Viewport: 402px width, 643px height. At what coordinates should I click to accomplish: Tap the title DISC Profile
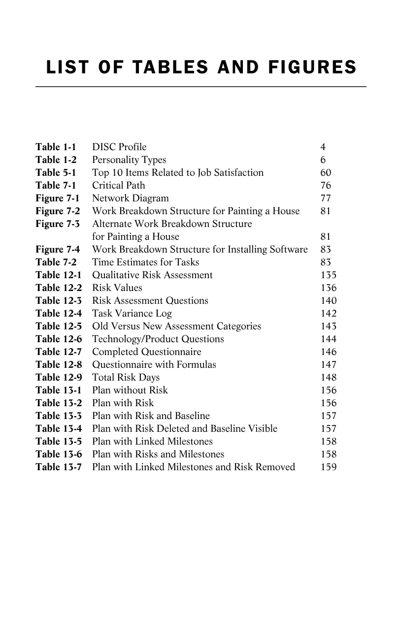point(119,147)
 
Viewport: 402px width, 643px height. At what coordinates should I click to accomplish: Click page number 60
point(326,173)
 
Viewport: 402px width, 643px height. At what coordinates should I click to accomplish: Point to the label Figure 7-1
point(58,198)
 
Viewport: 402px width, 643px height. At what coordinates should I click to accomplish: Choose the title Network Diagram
point(131,198)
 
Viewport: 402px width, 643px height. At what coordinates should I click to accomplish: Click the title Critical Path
point(119,186)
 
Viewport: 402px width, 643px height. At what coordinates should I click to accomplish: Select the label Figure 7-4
point(58,250)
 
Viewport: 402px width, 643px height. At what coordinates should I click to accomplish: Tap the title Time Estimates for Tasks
point(146,262)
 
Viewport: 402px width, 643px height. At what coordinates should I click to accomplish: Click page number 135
point(329,275)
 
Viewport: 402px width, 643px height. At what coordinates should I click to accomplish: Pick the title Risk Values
point(117,288)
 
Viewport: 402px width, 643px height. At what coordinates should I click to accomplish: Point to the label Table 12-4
point(59,314)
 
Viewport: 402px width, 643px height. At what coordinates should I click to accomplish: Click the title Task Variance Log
point(132,314)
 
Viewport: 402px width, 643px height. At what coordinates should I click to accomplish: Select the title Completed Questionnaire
point(147,352)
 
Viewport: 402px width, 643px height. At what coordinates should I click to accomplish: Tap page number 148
point(329,378)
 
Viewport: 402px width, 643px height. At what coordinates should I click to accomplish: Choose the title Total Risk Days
point(126,378)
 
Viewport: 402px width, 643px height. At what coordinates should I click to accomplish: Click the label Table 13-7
point(59,467)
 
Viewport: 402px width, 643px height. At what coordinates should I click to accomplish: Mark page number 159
point(329,467)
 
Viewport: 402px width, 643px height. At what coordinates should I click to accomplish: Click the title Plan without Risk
point(130,390)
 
